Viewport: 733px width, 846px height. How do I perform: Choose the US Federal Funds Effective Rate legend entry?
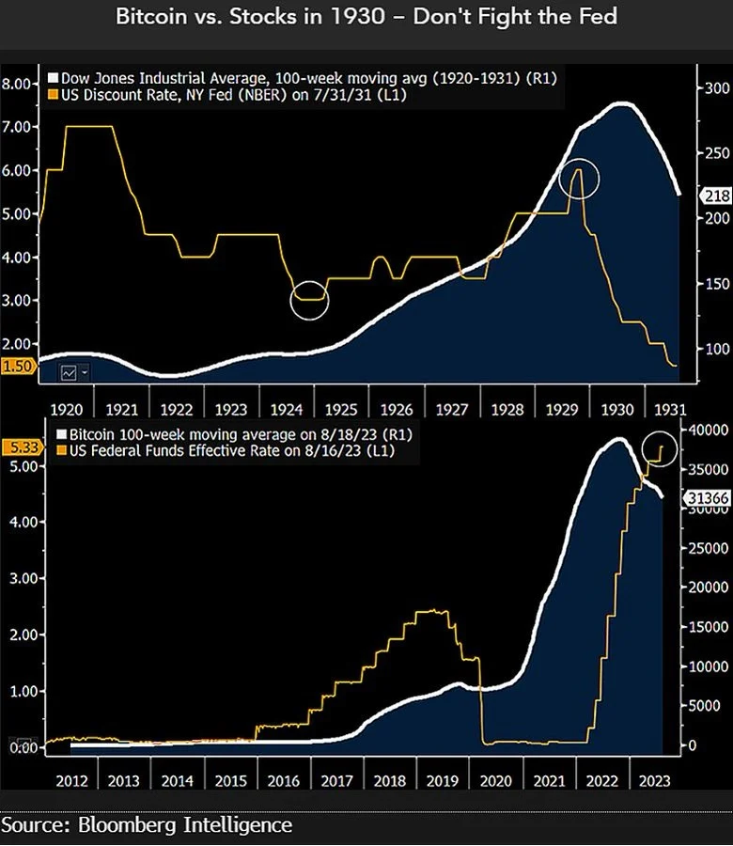point(226,452)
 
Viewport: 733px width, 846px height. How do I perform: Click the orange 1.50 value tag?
point(16,368)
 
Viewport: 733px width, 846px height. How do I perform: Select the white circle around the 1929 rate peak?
point(578,180)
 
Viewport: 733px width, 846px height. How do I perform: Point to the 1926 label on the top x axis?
point(398,411)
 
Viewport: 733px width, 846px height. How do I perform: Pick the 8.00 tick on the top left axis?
point(17,84)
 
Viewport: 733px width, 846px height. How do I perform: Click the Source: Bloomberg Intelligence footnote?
point(148,825)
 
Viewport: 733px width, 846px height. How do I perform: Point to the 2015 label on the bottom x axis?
point(233,780)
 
